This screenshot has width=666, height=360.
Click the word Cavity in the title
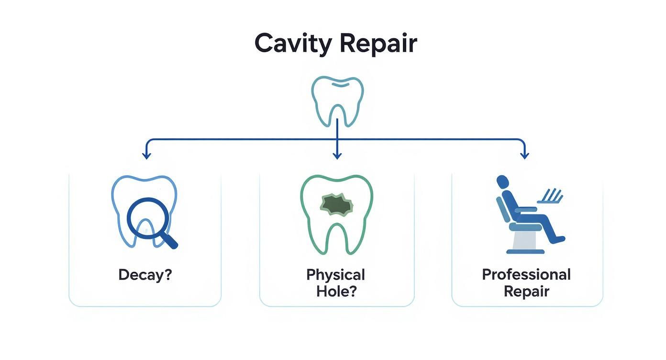pos(292,44)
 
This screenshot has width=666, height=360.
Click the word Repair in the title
pos(378,45)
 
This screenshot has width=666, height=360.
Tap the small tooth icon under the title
pos(337,101)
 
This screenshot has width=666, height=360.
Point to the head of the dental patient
pos(502,182)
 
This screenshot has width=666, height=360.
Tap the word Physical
pos(336,275)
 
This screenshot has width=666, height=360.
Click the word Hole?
pos(336,291)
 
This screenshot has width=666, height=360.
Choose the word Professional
pos(526,275)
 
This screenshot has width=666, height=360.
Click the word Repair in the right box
pos(526,291)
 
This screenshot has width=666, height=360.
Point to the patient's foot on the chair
pos(558,239)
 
